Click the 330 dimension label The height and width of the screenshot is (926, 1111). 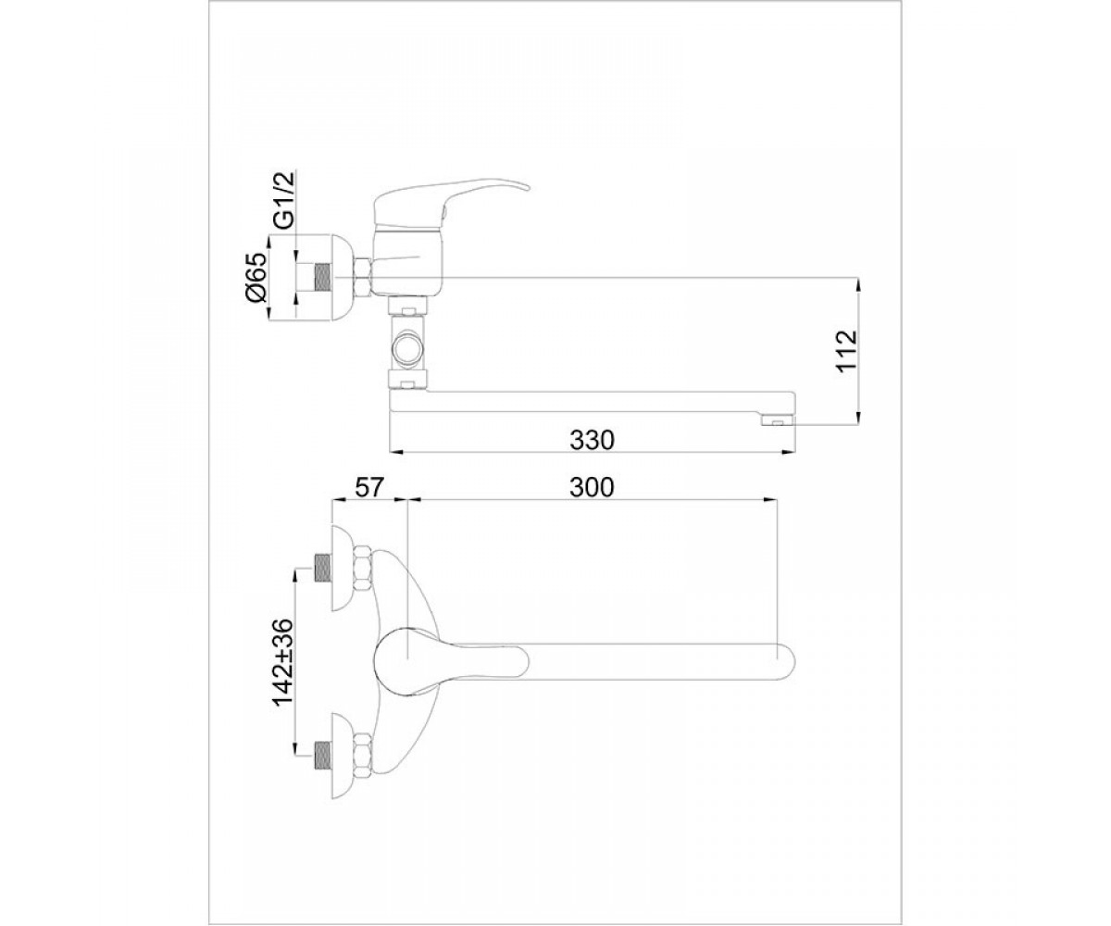[x=592, y=440]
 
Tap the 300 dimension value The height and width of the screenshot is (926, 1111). [x=592, y=487]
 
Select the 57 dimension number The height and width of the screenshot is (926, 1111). [x=368, y=487]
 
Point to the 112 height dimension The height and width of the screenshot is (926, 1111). [x=847, y=351]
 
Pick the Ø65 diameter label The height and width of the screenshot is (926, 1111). [x=256, y=277]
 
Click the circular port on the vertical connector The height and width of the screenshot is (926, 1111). [x=407, y=351]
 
